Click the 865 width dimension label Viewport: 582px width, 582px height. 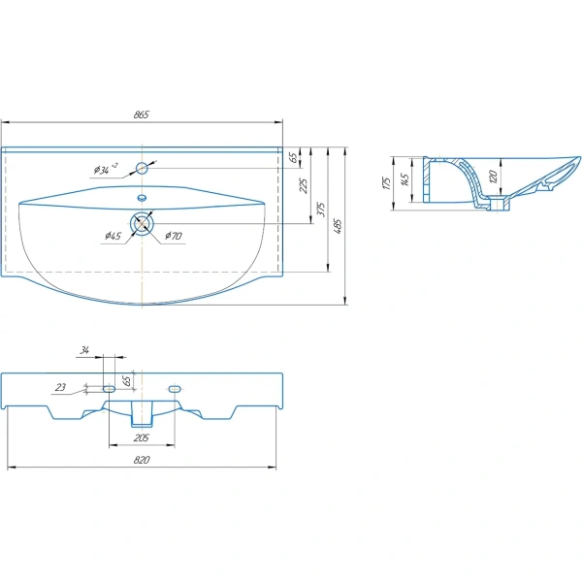point(142,114)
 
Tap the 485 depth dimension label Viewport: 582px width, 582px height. point(338,226)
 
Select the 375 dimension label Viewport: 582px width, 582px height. point(321,210)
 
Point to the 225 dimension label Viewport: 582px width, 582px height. point(304,185)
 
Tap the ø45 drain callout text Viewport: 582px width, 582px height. point(113,236)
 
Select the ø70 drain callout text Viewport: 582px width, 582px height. point(174,236)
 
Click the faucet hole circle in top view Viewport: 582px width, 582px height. point(142,168)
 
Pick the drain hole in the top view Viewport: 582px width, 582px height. point(142,224)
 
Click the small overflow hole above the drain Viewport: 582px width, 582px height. point(142,198)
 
